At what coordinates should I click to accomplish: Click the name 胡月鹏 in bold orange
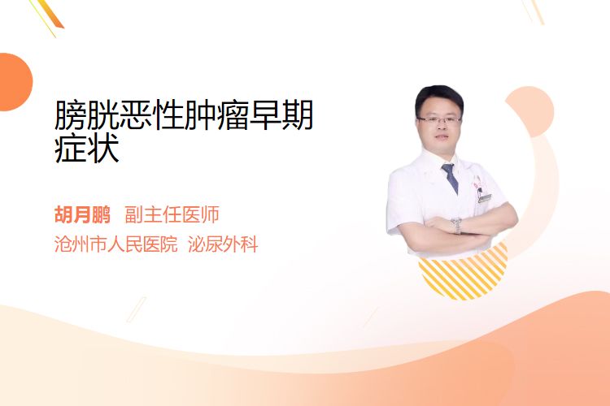tap(82, 215)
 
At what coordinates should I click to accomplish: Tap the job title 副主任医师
tap(172, 215)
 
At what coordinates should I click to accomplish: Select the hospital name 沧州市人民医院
tap(116, 244)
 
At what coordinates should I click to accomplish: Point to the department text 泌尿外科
tap(223, 244)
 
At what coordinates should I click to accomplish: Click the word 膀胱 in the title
tap(87, 115)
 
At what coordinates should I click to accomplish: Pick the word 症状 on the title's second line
tap(87, 149)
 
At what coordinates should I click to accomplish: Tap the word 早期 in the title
tap(281, 115)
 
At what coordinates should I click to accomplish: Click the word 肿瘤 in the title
tap(216, 115)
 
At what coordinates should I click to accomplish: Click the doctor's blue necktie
tap(450, 178)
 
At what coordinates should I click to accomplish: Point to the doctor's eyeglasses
tap(439, 119)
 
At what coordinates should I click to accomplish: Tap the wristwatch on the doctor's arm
tap(456, 225)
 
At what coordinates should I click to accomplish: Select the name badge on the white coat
tap(485, 198)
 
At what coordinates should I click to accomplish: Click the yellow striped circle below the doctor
tap(463, 274)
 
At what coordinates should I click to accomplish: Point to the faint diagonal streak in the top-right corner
tap(533, 11)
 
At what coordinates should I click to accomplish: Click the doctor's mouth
tap(441, 137)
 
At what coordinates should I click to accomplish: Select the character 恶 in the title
tap(135, 115)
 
